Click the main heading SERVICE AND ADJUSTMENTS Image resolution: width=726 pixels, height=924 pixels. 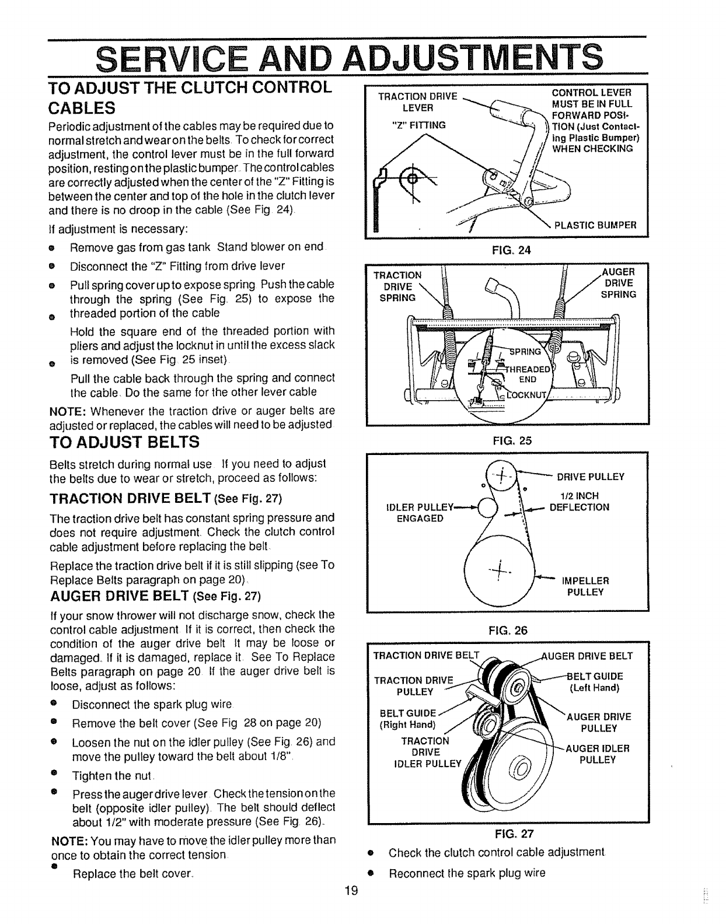click(x=350, y=57)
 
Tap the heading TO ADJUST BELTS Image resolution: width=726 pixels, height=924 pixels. click(x=124, y=442)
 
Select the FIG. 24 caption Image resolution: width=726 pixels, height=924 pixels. click(x=506, y=251)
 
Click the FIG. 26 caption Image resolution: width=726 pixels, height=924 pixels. click(x=506, y=630)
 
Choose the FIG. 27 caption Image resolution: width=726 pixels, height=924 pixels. click(x=506, y=834)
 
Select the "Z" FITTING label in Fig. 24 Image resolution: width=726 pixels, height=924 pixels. click(x=418, y=125)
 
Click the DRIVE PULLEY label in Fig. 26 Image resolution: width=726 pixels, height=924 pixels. click(x=590, y=477)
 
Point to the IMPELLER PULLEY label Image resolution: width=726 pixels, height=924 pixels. click(x=585, y=586)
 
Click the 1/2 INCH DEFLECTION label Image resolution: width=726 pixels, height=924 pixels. click(x=580, y=502)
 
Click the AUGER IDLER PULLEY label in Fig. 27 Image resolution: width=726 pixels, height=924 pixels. click(x=597, y=754)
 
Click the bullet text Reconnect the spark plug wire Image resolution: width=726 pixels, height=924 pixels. click(x=467, y=873)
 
